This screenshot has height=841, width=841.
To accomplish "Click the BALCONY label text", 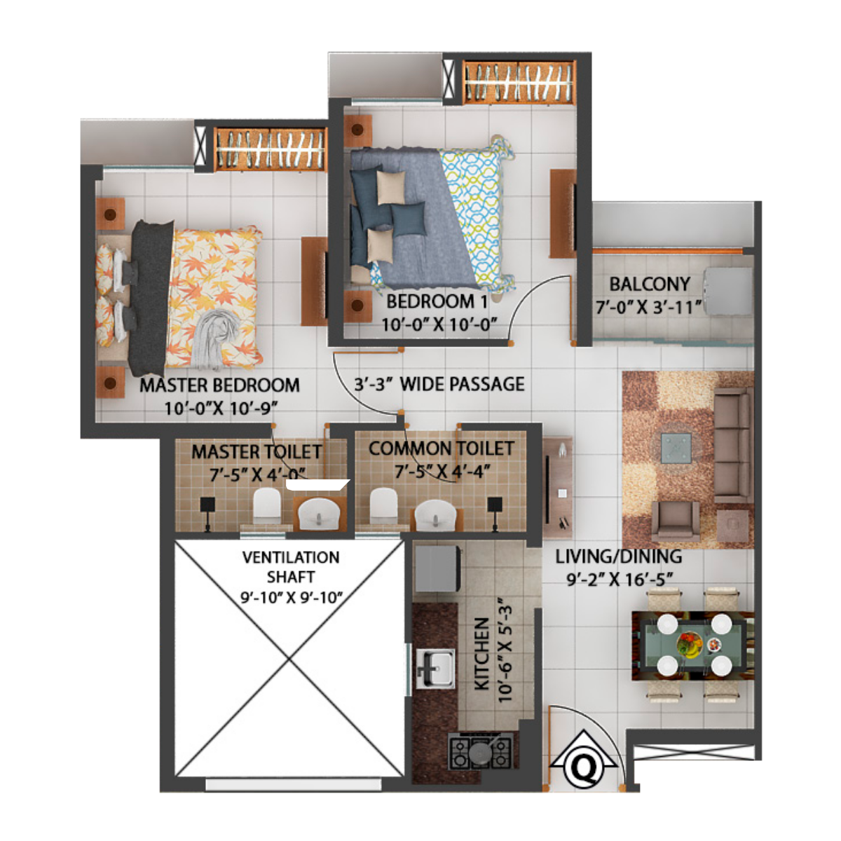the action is pos(650,284).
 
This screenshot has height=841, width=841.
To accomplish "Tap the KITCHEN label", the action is pos(481,653).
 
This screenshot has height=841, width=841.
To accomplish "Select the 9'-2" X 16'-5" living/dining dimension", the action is pos(619,579).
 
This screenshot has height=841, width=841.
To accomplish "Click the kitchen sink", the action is pos(435,669).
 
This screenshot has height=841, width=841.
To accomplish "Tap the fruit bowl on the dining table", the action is pos(690,645).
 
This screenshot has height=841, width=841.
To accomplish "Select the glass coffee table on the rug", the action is pos(676,448).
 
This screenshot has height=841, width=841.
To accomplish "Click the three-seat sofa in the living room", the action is pos(733,446).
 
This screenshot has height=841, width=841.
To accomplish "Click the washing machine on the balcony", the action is pos(728,291).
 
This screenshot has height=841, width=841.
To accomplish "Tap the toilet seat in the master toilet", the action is pos(266,505).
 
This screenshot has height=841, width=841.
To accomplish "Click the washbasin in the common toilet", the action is pos(435,516).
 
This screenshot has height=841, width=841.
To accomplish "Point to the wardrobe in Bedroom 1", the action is pos(519,83).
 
